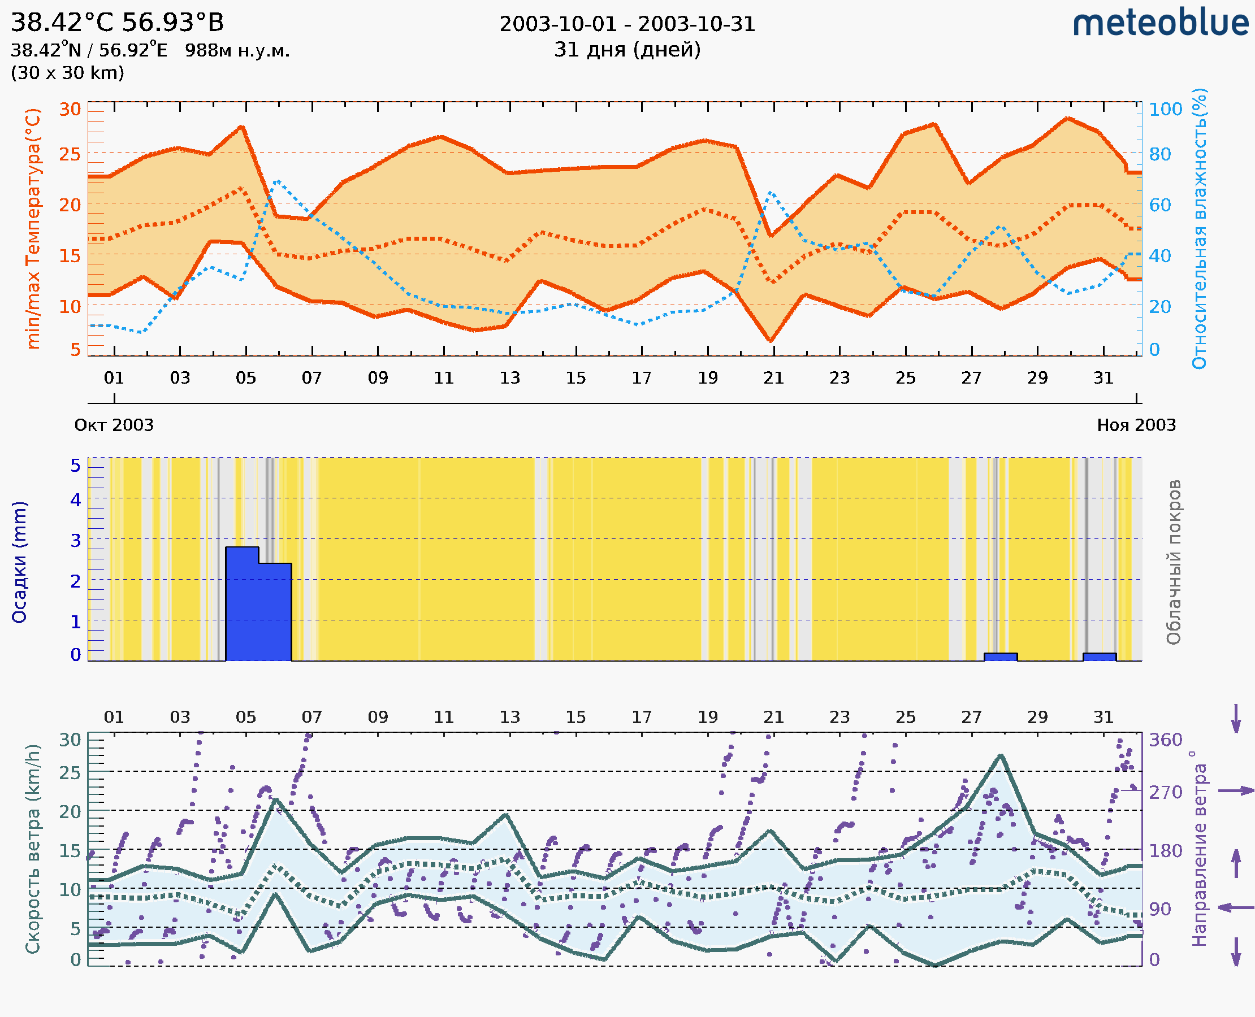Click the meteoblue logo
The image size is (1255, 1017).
coord(1160,23)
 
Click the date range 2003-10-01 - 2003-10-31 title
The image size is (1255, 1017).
coord(627,24)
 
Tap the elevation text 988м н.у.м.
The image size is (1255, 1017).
coord(237,50)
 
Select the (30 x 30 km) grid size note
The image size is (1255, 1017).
coord(67,73)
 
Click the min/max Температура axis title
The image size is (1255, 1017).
coord(33,228)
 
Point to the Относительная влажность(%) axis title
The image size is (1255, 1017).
coord(1199,228)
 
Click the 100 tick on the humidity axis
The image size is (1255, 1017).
coord(1165,110)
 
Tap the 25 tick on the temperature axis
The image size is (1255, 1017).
coord(70,155)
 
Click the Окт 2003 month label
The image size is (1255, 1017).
coord(114,425)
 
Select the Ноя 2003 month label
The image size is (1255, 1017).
coord(1136,425)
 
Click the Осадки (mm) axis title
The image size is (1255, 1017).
coord(19,562)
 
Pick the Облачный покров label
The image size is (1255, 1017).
coord(1173,562)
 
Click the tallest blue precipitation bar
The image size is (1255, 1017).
coord(242,603)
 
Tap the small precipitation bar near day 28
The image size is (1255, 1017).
coord(1000,657)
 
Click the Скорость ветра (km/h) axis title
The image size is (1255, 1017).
coord(33,849)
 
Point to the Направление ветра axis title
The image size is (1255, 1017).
coord(1199,849)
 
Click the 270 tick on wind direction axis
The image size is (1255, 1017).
coord(1165,792)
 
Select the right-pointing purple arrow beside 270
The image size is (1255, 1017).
coord(1236,791)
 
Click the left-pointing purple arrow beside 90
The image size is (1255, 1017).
coord(1236,907)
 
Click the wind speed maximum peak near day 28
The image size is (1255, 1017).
coord(1001,756)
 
